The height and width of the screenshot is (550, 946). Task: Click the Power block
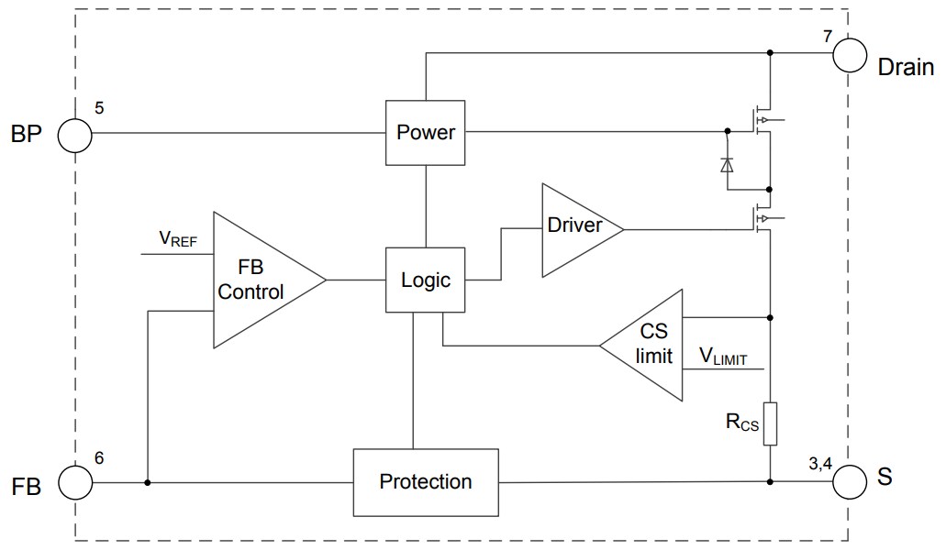click(x=425, y=133)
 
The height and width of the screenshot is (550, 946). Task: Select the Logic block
click(x=425, y=280)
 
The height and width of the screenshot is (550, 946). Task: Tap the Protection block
click(x=425, y=481)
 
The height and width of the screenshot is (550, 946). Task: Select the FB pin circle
click(x=75, y=481)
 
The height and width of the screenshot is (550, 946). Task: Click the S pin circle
click(x=850, y=481)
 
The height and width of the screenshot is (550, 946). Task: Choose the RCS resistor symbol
click(x=770, y=423)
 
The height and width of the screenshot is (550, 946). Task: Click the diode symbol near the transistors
click(x=727, y=165)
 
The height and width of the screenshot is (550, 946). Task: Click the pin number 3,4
click(x=820, y=464)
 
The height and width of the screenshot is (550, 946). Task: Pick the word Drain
click(x=906, y=67)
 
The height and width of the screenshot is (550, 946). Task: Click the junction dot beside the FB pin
click(x=147, y=481)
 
